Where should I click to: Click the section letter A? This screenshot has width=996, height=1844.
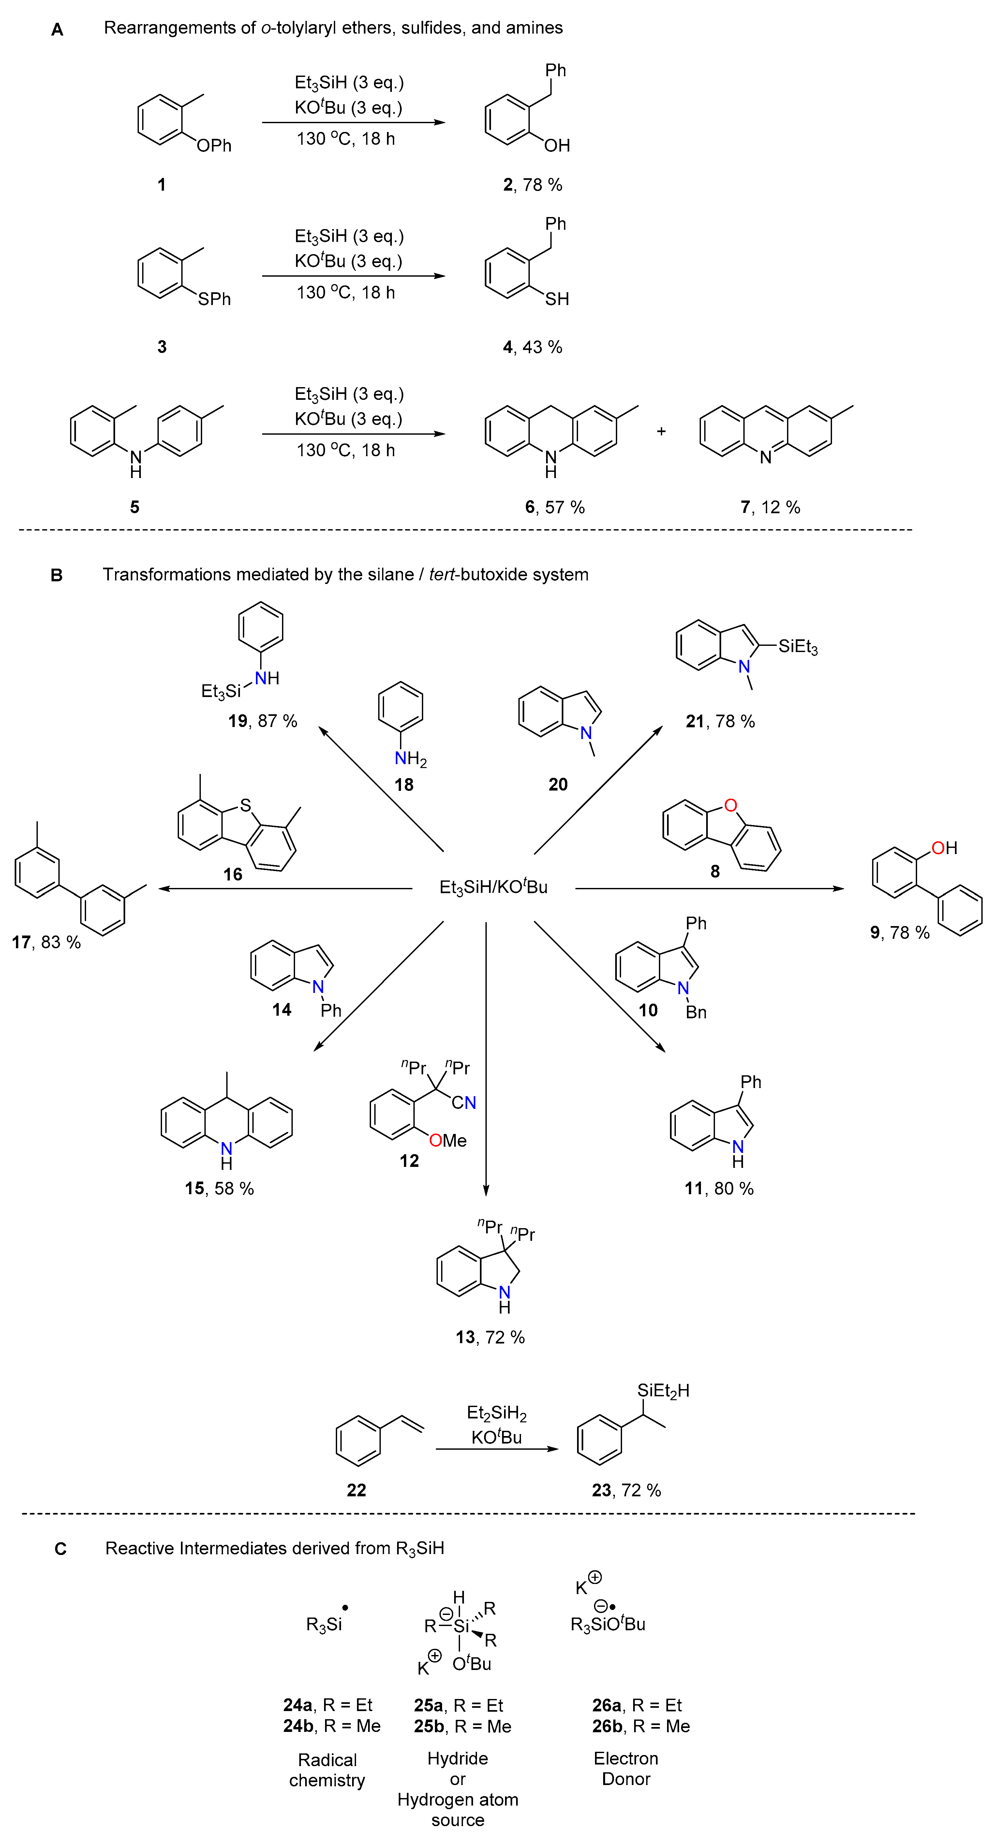tap(57, 29)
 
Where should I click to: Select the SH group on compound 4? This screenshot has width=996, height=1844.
tap(557, 299)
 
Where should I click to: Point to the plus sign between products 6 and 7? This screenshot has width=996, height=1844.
tap(661, 432)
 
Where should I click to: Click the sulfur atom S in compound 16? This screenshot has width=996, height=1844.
tap(245, 805)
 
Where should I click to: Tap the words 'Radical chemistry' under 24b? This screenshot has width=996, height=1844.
tap(327, 1770)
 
